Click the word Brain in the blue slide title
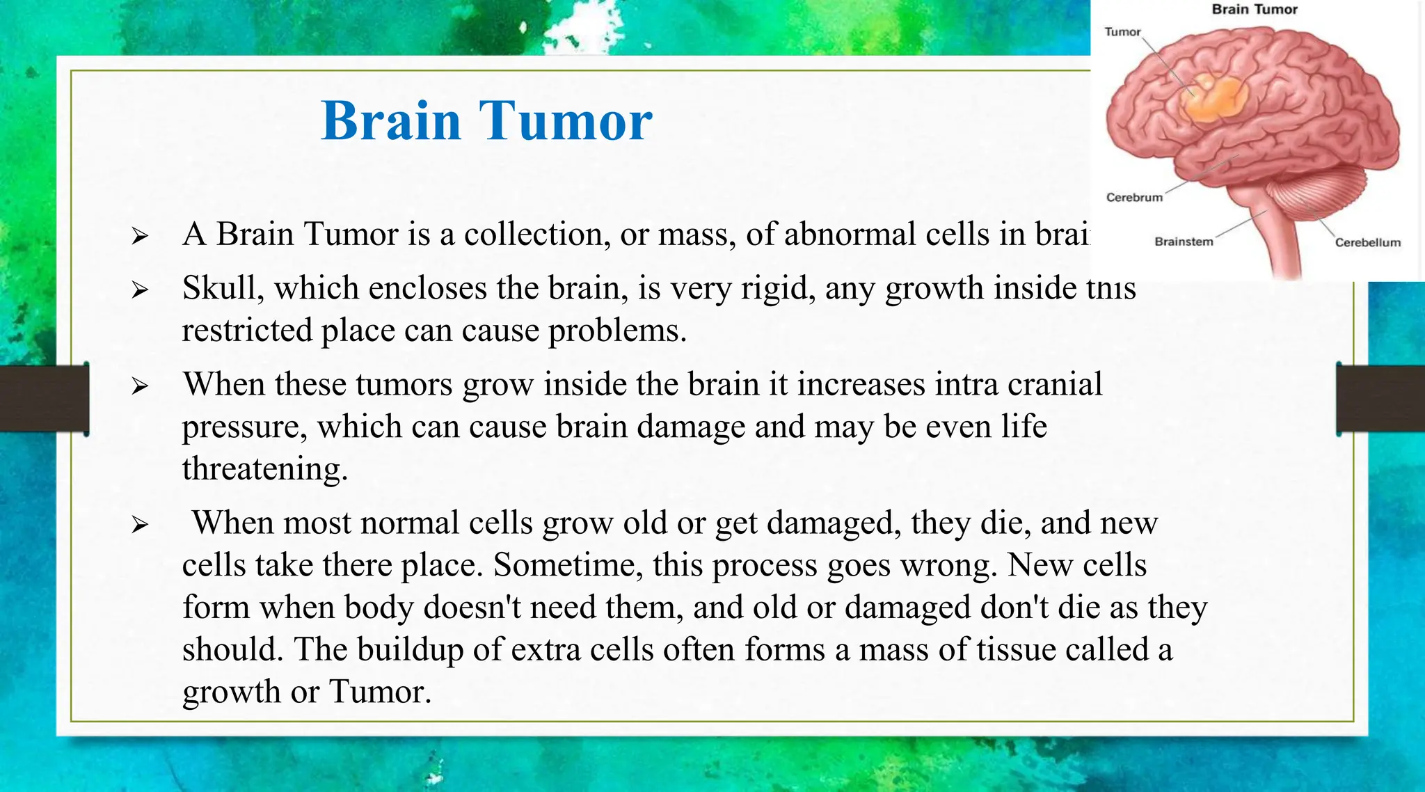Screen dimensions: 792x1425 click(x=391, y=121)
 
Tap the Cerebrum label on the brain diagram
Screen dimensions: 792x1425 click(x=1134, y=198)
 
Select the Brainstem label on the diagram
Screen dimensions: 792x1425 click(x=1184, y=242)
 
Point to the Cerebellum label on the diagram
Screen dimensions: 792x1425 click(x=1367, y=243)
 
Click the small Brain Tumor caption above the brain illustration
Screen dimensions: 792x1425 click(x=1255, y=10)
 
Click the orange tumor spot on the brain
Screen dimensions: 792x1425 click(x=1214, y=100)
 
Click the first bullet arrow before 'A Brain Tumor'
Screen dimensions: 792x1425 click(x=140, y=237)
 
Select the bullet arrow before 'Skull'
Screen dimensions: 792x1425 click(x=140, y=290)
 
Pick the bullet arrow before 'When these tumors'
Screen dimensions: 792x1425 click(x=140, y=386)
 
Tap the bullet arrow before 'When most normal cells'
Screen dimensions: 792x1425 click(x=140, y=525)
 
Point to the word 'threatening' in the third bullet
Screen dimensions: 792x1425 click(x=264, y=469)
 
